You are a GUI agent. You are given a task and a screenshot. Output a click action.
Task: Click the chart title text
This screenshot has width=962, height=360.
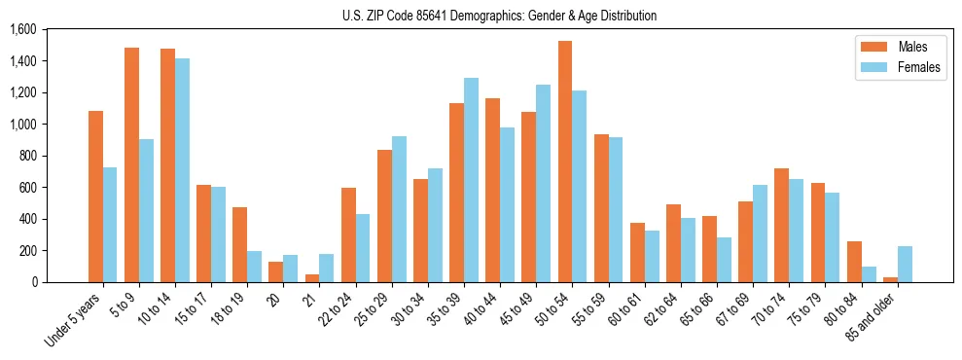pos(499,16)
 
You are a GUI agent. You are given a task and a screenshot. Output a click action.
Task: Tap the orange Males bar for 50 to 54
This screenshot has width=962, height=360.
pos(565,162)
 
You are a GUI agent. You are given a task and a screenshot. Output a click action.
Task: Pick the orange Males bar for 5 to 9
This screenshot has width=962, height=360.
pos(131,164)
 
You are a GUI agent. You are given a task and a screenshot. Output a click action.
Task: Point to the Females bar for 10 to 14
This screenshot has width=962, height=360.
pos(182,170)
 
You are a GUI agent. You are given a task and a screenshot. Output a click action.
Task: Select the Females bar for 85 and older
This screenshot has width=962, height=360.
pos(905,264)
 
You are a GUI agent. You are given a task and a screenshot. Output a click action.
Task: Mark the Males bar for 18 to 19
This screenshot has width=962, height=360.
pos(240,244)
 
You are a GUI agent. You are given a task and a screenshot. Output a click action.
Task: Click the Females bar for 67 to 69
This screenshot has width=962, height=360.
pos(760,234)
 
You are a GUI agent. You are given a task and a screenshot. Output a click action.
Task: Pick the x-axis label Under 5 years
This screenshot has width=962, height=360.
pos(75,320)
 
